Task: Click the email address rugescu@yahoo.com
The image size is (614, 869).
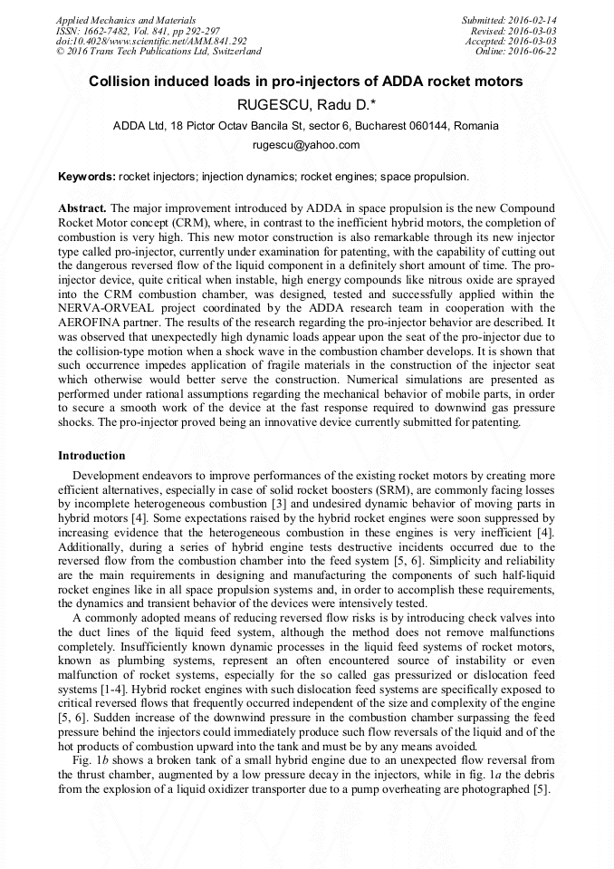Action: coord(306,144)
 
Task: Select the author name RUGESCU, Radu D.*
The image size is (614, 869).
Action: coord(306,104)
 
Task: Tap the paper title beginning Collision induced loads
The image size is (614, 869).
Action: coord(306,82)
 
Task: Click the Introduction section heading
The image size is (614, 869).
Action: coord(91,455)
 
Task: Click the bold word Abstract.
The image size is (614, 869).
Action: coord(82,208)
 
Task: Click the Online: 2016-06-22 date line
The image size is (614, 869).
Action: coord(515,52)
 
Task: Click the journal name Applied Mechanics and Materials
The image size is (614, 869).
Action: coord(125,20)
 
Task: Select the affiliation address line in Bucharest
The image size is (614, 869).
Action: coord(306,125)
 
